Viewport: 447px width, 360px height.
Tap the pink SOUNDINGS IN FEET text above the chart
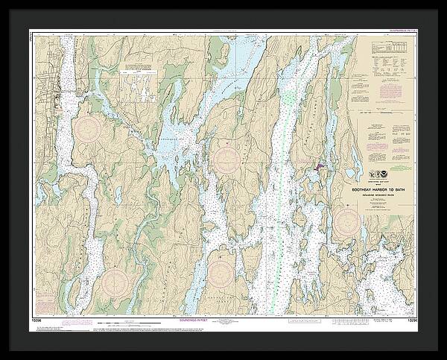(x=399, y=31)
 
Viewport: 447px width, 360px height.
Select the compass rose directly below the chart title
(x=346, y=221)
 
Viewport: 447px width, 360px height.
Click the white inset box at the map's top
(x=136, y=73)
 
